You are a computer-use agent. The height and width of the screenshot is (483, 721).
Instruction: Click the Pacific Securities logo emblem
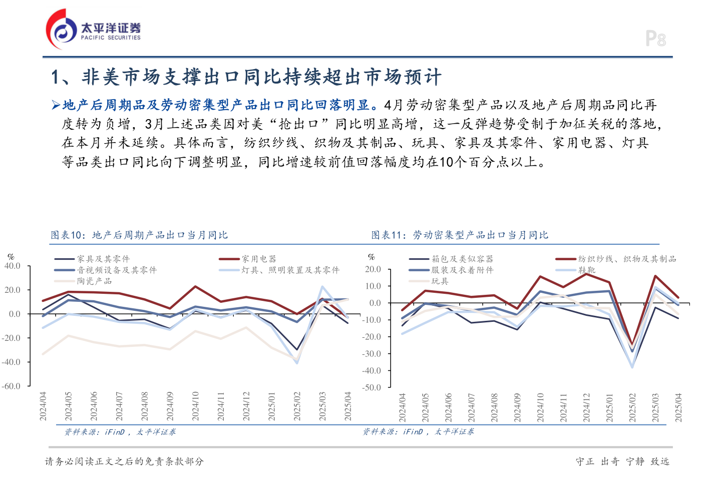click(x=62, y=30)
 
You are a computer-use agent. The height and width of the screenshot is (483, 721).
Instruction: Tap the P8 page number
click(x=655, y=39)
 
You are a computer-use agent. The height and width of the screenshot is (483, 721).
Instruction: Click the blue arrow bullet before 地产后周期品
click(x=56, y=105)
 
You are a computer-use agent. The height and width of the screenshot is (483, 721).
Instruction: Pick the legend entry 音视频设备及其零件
click(x=117, y=270)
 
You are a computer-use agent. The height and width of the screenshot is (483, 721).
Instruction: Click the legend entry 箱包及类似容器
click(x=462, y=259)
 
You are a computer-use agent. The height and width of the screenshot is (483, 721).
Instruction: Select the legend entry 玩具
click(x=440, y=281)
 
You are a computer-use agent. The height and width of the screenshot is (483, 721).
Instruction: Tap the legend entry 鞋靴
click(x=587, y=270)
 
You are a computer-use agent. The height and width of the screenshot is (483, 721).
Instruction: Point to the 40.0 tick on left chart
click(x=13, y=266)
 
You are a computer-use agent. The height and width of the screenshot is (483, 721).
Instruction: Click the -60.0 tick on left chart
click(x=12, y=386)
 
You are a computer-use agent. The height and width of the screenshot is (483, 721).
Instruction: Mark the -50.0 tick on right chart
click(x=372, y=387)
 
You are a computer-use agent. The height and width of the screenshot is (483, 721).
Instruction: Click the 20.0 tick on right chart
click(x=373, y=269)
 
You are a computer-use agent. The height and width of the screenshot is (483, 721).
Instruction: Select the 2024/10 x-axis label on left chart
click(x=195, y=406)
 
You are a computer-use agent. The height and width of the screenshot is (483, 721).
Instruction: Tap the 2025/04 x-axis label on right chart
click(x=678, y=407)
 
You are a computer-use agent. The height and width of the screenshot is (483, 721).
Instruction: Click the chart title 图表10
click(x=139, y=235)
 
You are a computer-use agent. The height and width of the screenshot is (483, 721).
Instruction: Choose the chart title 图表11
click(x=460, y=235)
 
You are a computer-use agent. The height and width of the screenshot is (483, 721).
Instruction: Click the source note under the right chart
click(x=418, y=431)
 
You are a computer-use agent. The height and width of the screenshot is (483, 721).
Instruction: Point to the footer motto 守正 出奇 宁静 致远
click(x=622, y=461)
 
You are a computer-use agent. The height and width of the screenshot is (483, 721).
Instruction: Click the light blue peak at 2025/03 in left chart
click(x=322, y=287)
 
